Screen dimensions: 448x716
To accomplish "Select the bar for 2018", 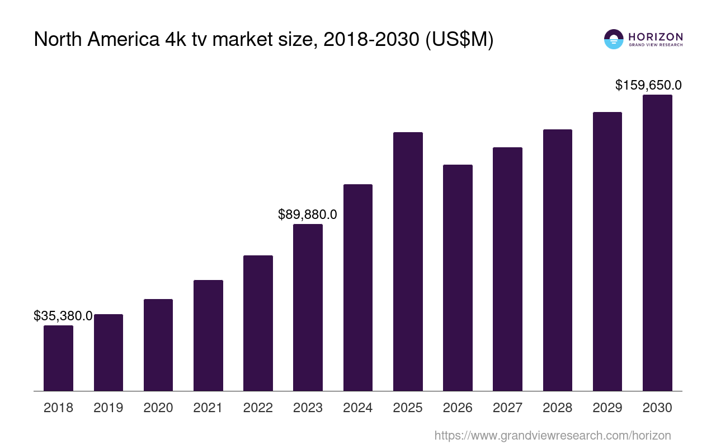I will tap(58, 358).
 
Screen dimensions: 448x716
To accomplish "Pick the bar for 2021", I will tap(208, 335).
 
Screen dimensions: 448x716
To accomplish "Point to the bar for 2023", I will tap(308, 307).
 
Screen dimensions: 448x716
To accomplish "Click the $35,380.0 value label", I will tap(63, 316).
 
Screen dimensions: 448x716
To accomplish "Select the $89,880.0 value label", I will tap(308, 214).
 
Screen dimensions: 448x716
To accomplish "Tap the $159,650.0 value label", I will tap(648, 85).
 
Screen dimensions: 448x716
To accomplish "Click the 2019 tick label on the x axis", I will tap(109, 408).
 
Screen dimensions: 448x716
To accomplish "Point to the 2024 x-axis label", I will tap(358, 408).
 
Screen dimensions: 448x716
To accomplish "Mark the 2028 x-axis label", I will tap(558, 408).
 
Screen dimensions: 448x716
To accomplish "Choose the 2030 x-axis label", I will tap(657, 408).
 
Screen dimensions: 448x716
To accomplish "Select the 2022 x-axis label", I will tap(258, 408).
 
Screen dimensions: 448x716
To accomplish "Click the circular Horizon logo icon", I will tap(614, 39).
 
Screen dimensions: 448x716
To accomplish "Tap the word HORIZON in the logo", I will tap(656, 36).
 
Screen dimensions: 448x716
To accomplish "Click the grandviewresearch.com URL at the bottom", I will tap(553, 436).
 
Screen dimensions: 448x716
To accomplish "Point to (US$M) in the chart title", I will tap(460, 39).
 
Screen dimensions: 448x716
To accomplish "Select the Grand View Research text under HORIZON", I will tap(656, 45).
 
